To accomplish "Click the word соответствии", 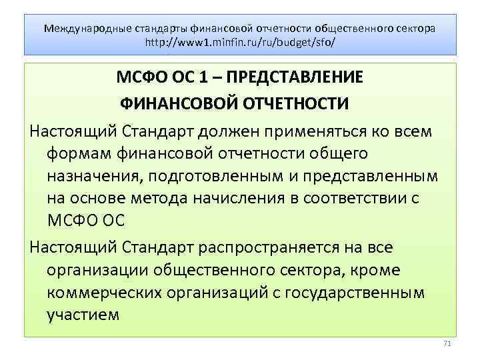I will click(363, 198).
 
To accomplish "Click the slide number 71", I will click(447, 343).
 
